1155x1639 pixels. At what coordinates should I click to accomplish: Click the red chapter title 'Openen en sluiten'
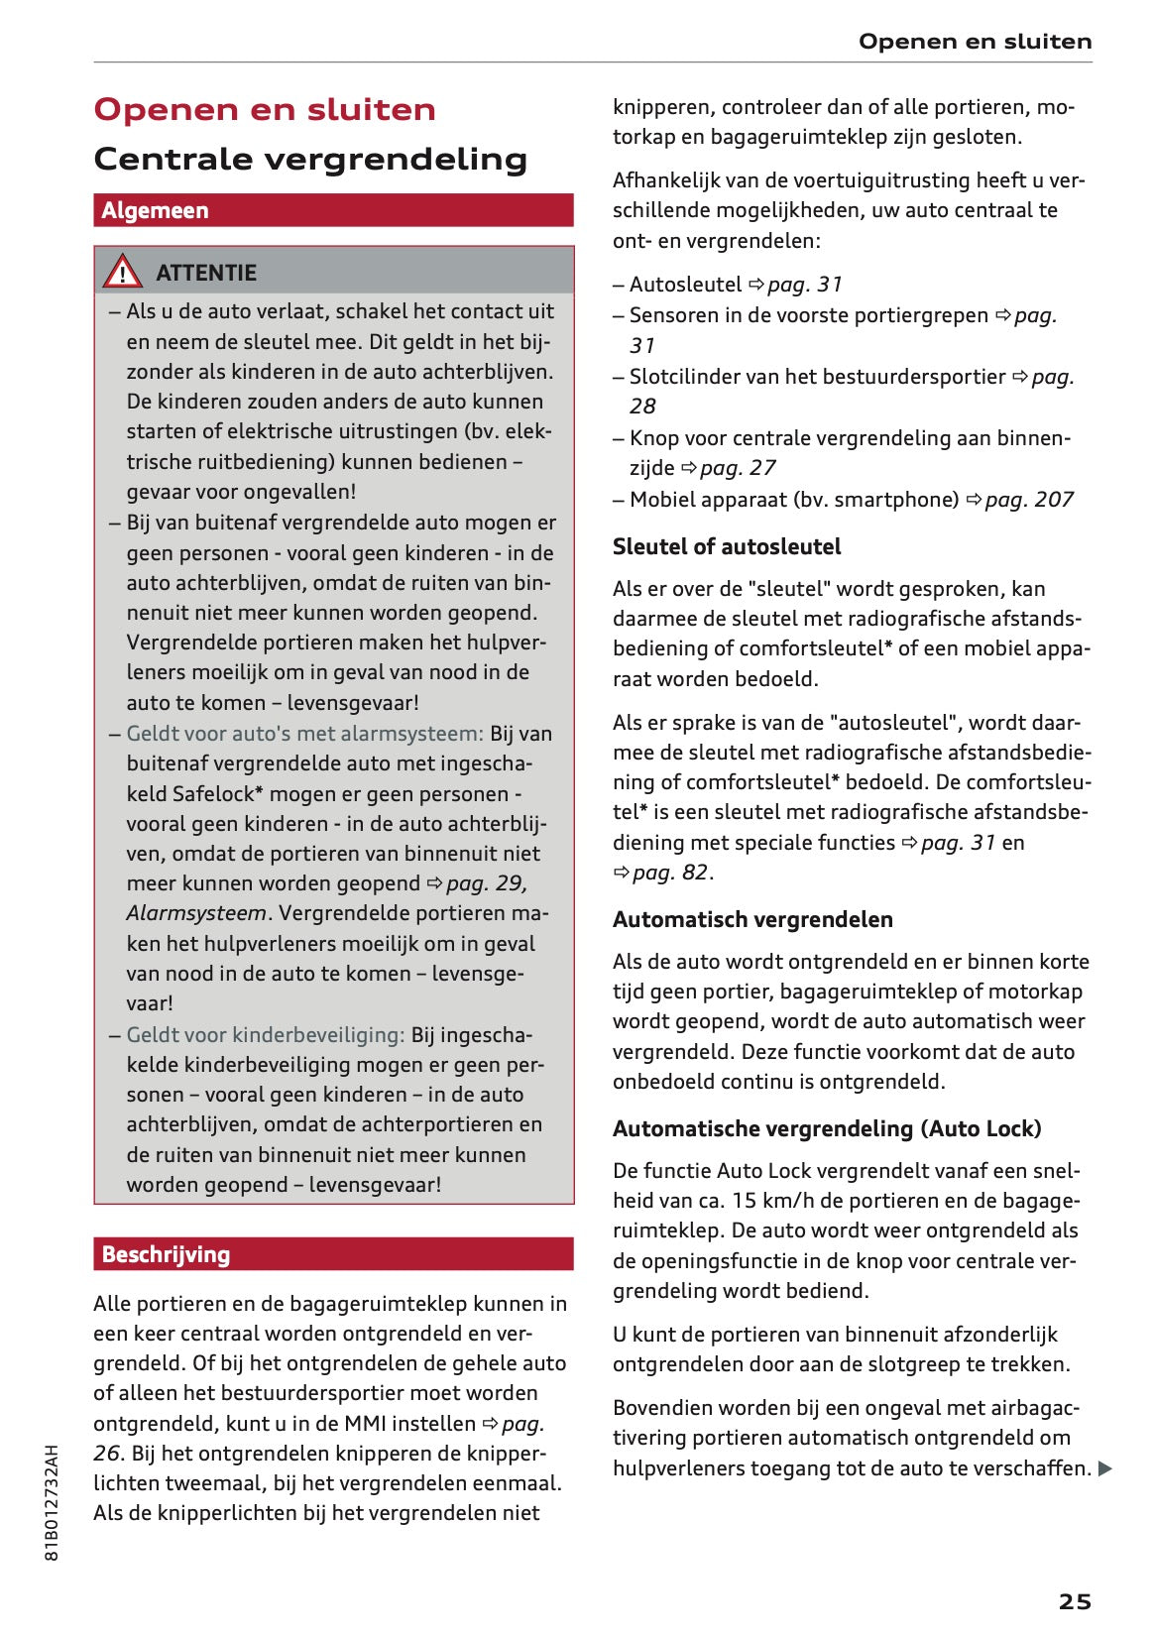265,109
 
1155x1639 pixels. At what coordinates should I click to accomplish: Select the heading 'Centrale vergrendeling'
310,159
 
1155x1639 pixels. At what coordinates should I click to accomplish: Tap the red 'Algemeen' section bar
333,210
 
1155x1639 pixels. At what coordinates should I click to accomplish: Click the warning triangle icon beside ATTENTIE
122,271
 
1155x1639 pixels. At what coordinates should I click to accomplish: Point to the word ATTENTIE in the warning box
206,273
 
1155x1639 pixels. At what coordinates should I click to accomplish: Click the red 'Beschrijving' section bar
333,1254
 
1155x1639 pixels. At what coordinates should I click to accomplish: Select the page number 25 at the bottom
1075,1601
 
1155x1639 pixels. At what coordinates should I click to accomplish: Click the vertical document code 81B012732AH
52,1502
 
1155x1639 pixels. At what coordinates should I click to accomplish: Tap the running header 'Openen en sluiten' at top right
975,42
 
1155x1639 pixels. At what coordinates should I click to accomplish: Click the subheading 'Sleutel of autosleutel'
727,546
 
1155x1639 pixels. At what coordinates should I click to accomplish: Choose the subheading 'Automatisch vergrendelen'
752,919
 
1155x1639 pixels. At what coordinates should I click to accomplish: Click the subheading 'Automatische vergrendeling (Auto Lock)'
827,1128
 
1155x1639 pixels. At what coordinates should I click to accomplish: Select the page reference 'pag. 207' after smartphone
1028,500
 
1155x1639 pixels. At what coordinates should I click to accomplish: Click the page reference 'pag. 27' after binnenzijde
738,468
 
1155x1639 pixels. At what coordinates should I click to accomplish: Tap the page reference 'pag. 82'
669,873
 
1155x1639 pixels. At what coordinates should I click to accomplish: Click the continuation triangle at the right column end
1105,1468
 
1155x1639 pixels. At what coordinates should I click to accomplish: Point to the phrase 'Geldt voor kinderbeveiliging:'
266,1035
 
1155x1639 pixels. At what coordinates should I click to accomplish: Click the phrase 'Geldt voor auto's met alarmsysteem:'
304,734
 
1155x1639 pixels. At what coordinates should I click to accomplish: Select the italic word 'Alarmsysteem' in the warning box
196,913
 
